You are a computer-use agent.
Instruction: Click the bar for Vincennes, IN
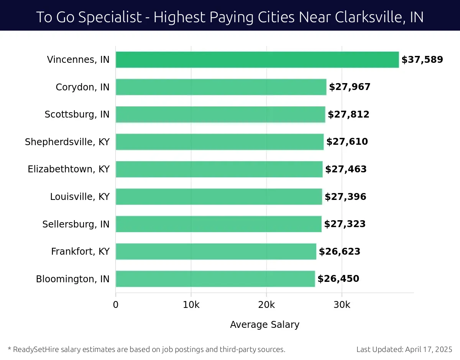coord(257,60)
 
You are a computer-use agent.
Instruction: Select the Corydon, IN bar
coord(221,87)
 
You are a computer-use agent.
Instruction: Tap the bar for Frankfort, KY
coord(216,251)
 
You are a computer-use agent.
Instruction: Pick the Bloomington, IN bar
coord(215,279)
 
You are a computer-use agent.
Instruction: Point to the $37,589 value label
coord(422,60)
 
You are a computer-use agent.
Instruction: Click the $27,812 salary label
coord(348,115)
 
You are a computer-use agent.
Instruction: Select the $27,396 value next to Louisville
coord(345,197)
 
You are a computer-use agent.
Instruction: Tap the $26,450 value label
coord(338,279)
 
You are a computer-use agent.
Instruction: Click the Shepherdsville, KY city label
coord(67,142)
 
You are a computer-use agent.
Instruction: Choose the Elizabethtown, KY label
coord(69,169)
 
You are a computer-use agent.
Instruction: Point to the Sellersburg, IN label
coord(76,224)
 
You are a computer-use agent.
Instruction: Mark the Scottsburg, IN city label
coord(77,115)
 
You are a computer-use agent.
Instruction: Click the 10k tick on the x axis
coord(191,305)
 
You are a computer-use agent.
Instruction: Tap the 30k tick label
coord(342,305)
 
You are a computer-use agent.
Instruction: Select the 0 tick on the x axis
coord(116,305)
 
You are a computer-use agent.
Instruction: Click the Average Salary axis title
coord(264,325)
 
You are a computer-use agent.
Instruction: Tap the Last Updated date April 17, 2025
coord(429,349)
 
